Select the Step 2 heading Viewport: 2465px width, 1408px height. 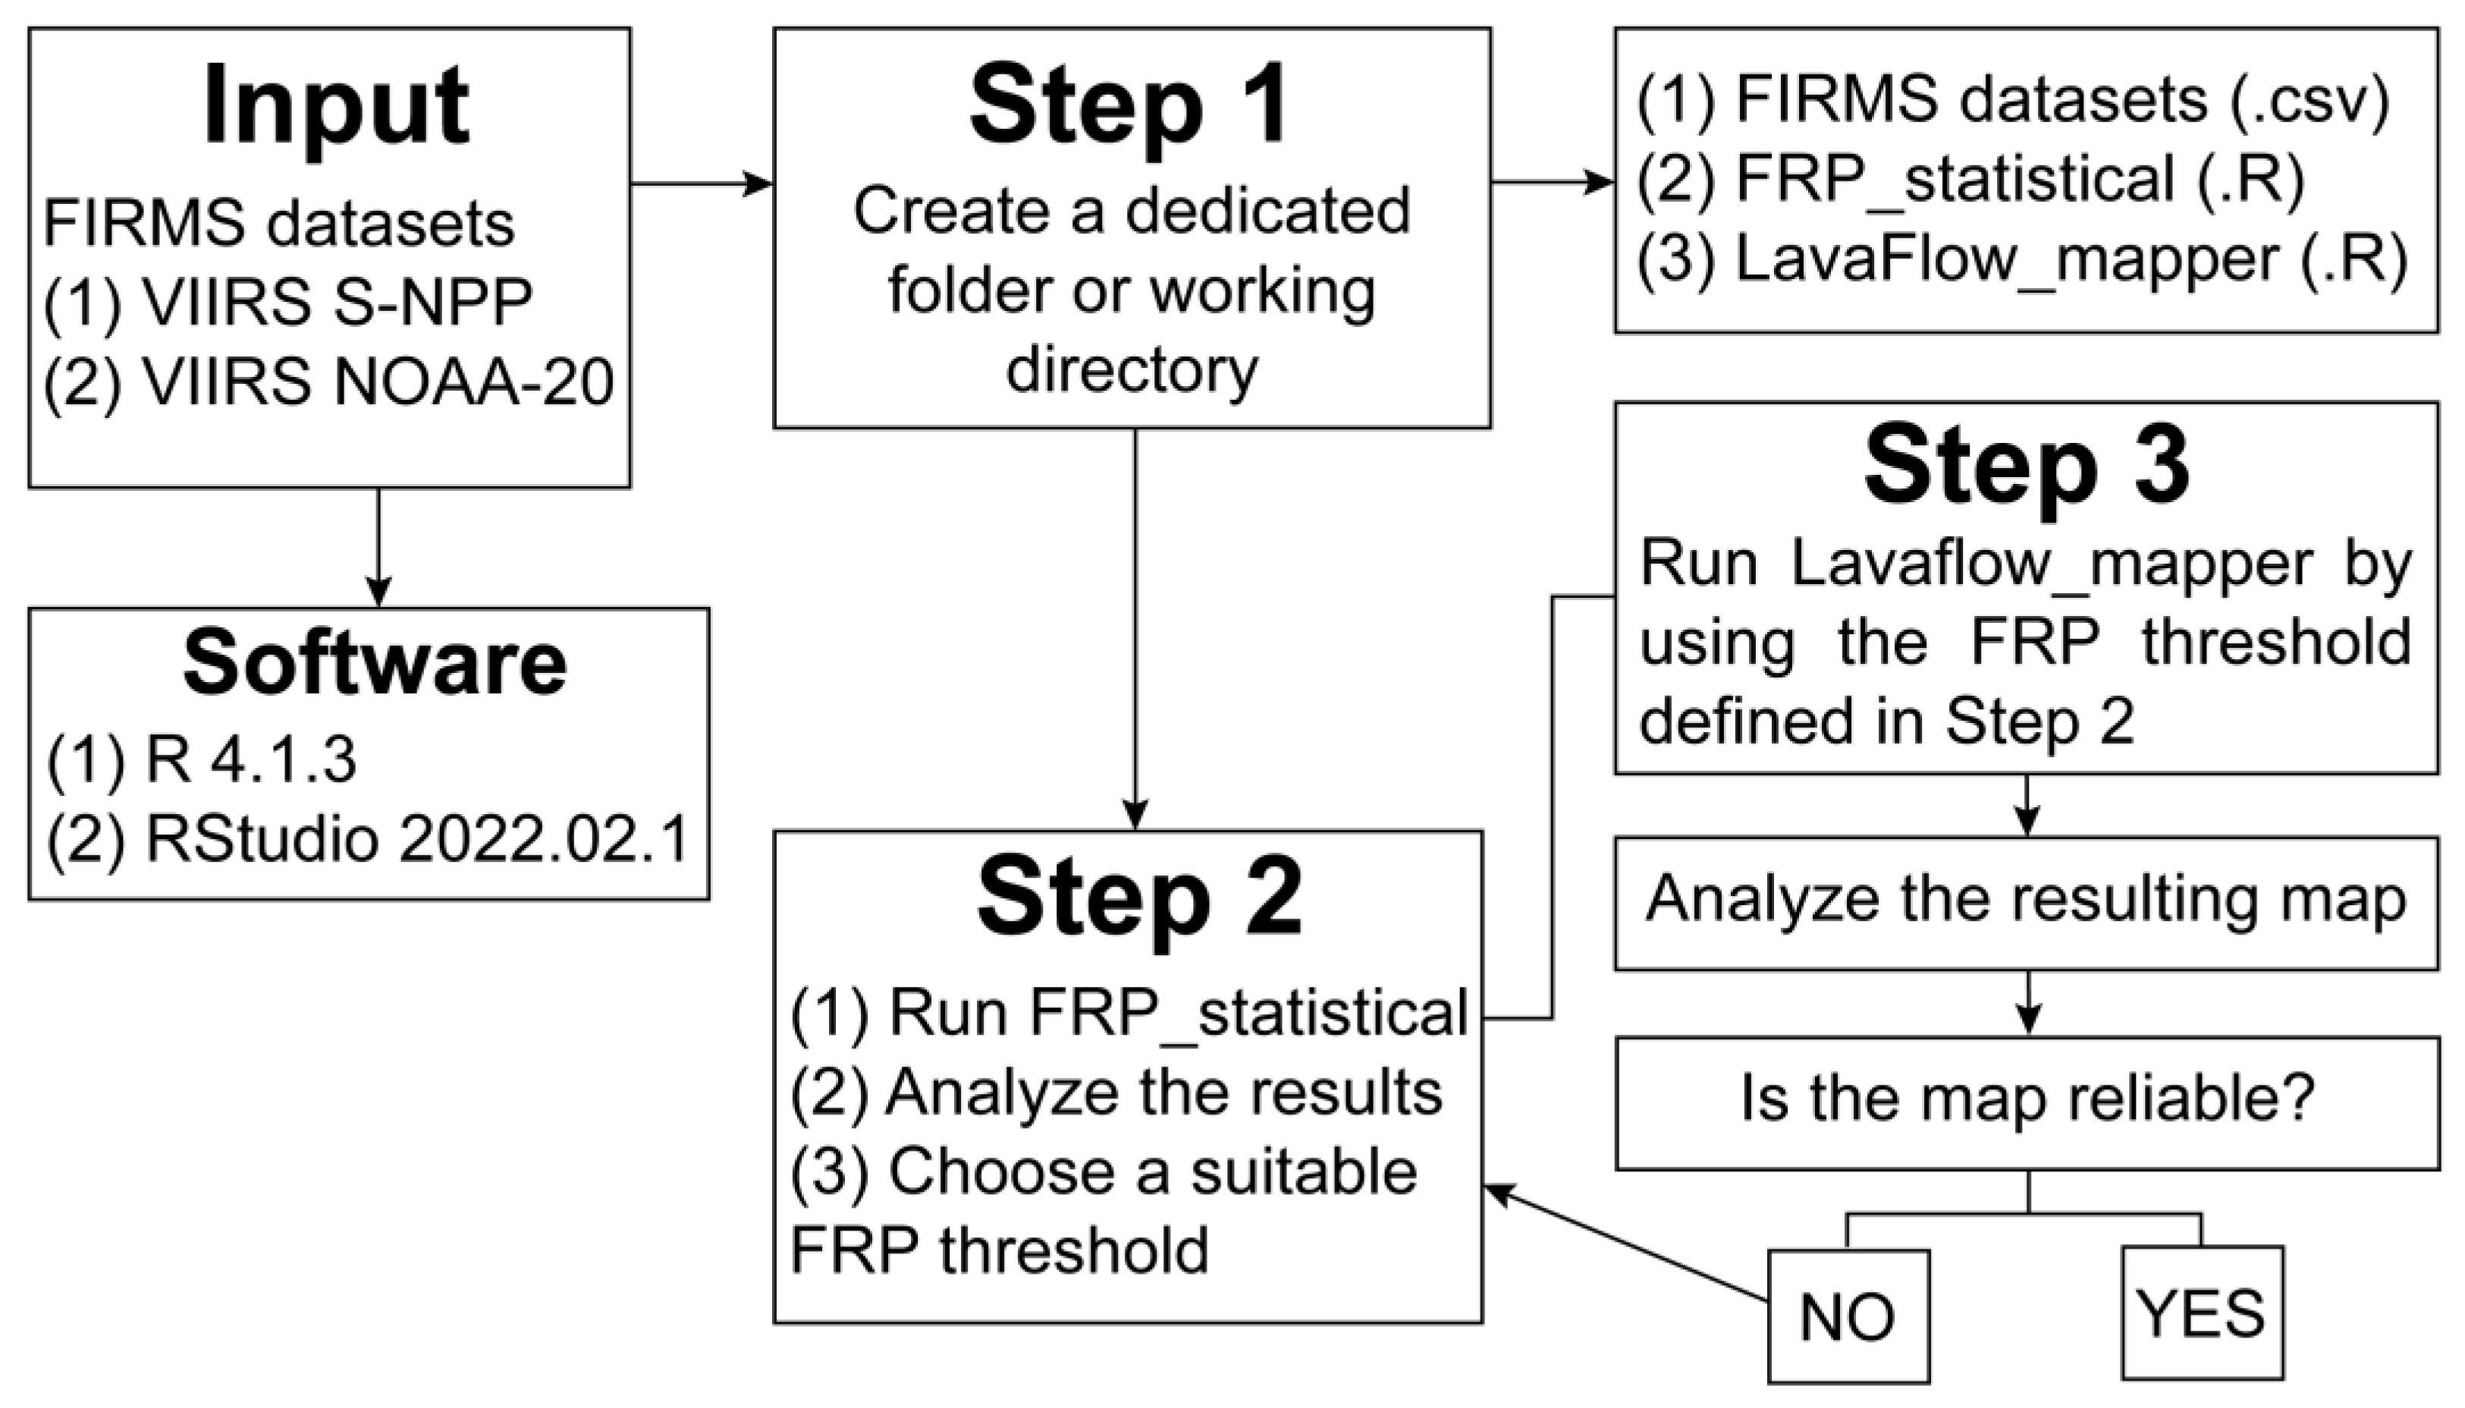(1138, 898)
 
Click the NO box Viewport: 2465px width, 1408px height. (1848, 1316)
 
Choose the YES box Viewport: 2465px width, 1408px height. (2201, 1313)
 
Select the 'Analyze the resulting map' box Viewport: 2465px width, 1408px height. (2026, 900)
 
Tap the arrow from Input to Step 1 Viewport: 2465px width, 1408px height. (701, 183)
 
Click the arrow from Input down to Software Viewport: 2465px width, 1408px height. (379, 547)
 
